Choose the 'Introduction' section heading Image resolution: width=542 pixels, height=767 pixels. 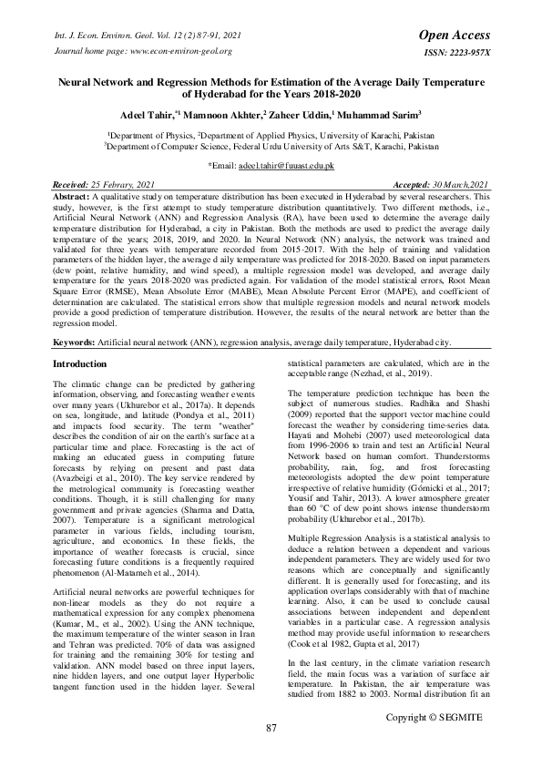[x=61, y=363]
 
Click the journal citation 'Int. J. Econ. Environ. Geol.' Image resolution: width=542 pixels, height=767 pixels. [x=88, y=35]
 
